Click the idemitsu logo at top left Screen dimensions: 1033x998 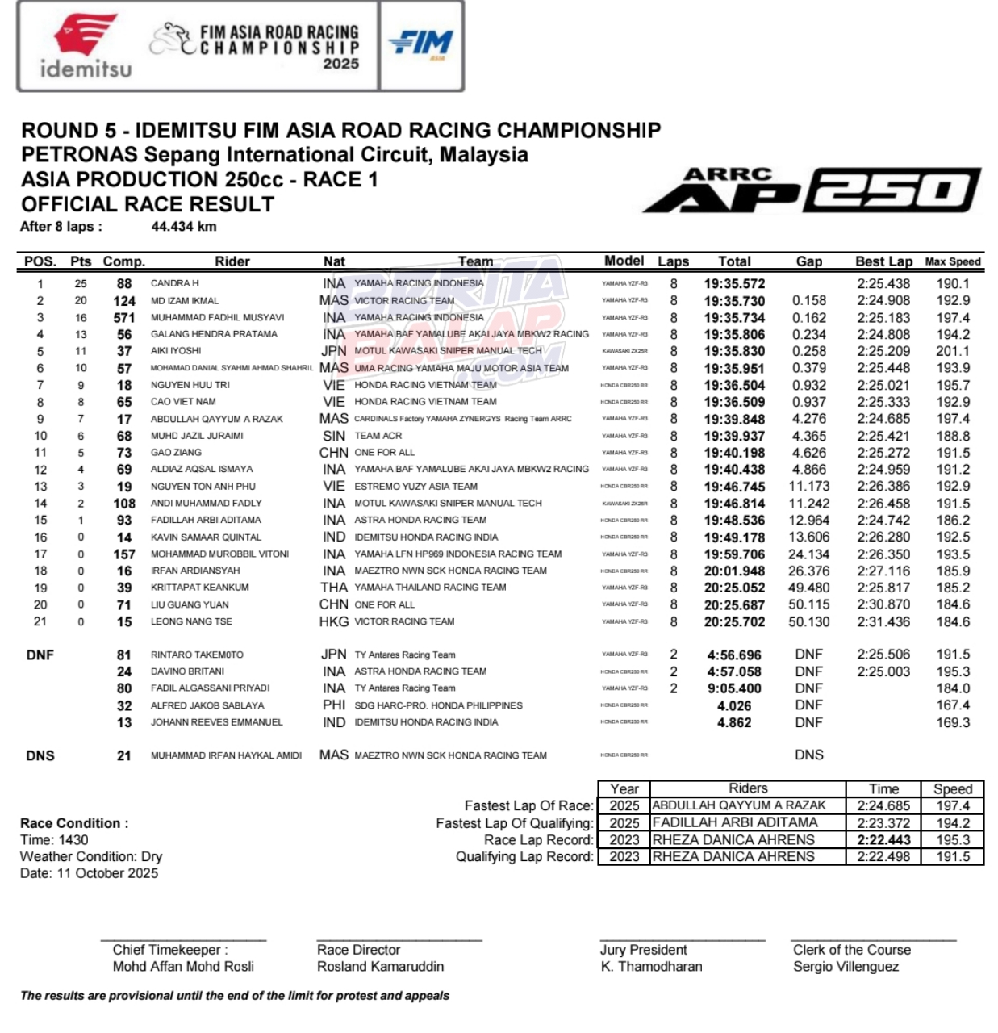coord(86,47)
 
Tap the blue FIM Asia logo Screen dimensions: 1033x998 coord(421,44)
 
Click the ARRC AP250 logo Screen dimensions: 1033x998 coord(812,190)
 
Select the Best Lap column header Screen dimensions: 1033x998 coord(883,261)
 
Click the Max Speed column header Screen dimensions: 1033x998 coord(953,261)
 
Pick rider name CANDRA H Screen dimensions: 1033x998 coord(175,283)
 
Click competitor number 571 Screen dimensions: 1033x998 coord(124,317)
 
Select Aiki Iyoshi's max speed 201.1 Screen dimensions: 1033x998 coord(953,351)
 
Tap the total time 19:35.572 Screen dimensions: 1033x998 coord(734,284)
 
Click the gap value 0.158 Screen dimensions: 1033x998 coord(809,300)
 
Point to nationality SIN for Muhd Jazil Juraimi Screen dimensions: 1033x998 coord(334,436)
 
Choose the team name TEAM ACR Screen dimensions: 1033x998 coord(378,436)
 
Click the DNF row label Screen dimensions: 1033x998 coord(40,655)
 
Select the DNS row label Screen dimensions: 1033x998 coord(40,756)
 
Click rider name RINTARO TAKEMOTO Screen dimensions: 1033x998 coord(197,655)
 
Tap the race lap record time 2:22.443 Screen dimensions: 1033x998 coord(883,840)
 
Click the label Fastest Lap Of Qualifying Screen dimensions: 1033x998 coord(515,823)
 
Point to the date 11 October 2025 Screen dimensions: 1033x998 coord(89,873)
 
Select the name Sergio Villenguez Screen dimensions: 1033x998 coord(846,967)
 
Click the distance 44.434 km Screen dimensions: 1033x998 coord(184,227)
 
